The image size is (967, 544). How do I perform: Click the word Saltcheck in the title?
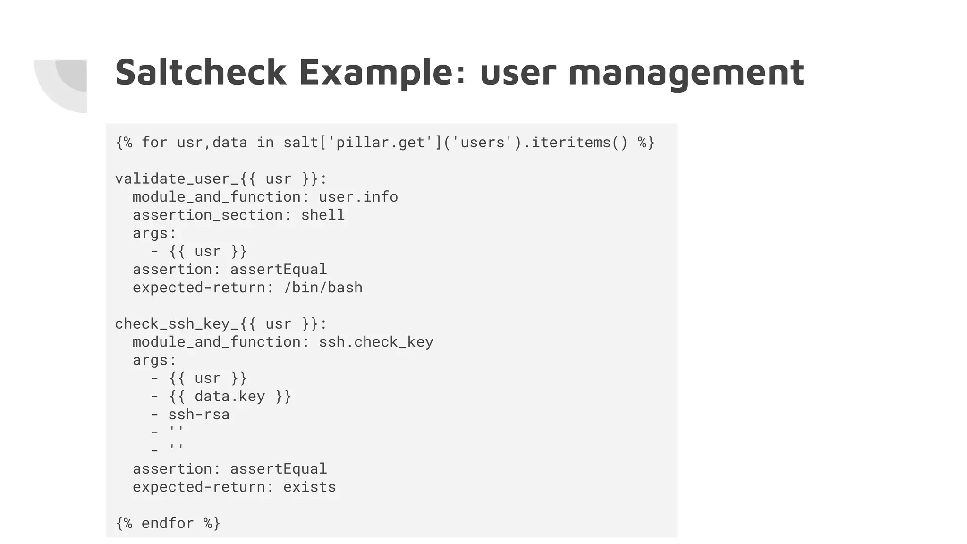tap(201, 72)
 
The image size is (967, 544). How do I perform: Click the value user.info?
tap(358, 196)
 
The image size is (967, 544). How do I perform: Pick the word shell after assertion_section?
tap(323, 215)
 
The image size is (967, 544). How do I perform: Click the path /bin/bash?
tap(323, 287)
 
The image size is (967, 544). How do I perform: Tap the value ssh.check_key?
tap(376, 341)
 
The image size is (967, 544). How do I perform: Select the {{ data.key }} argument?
tap(230, 396)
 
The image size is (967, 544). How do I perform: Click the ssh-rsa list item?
tap(199, 414)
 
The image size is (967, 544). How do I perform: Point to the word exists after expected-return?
tap(309, 486)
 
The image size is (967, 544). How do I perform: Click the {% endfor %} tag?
tap(168, 523)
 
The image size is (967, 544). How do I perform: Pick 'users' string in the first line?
tap(483, 142)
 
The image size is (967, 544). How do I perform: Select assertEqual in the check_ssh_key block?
tap(278, 468)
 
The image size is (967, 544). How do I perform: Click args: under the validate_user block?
tap(154, 233)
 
